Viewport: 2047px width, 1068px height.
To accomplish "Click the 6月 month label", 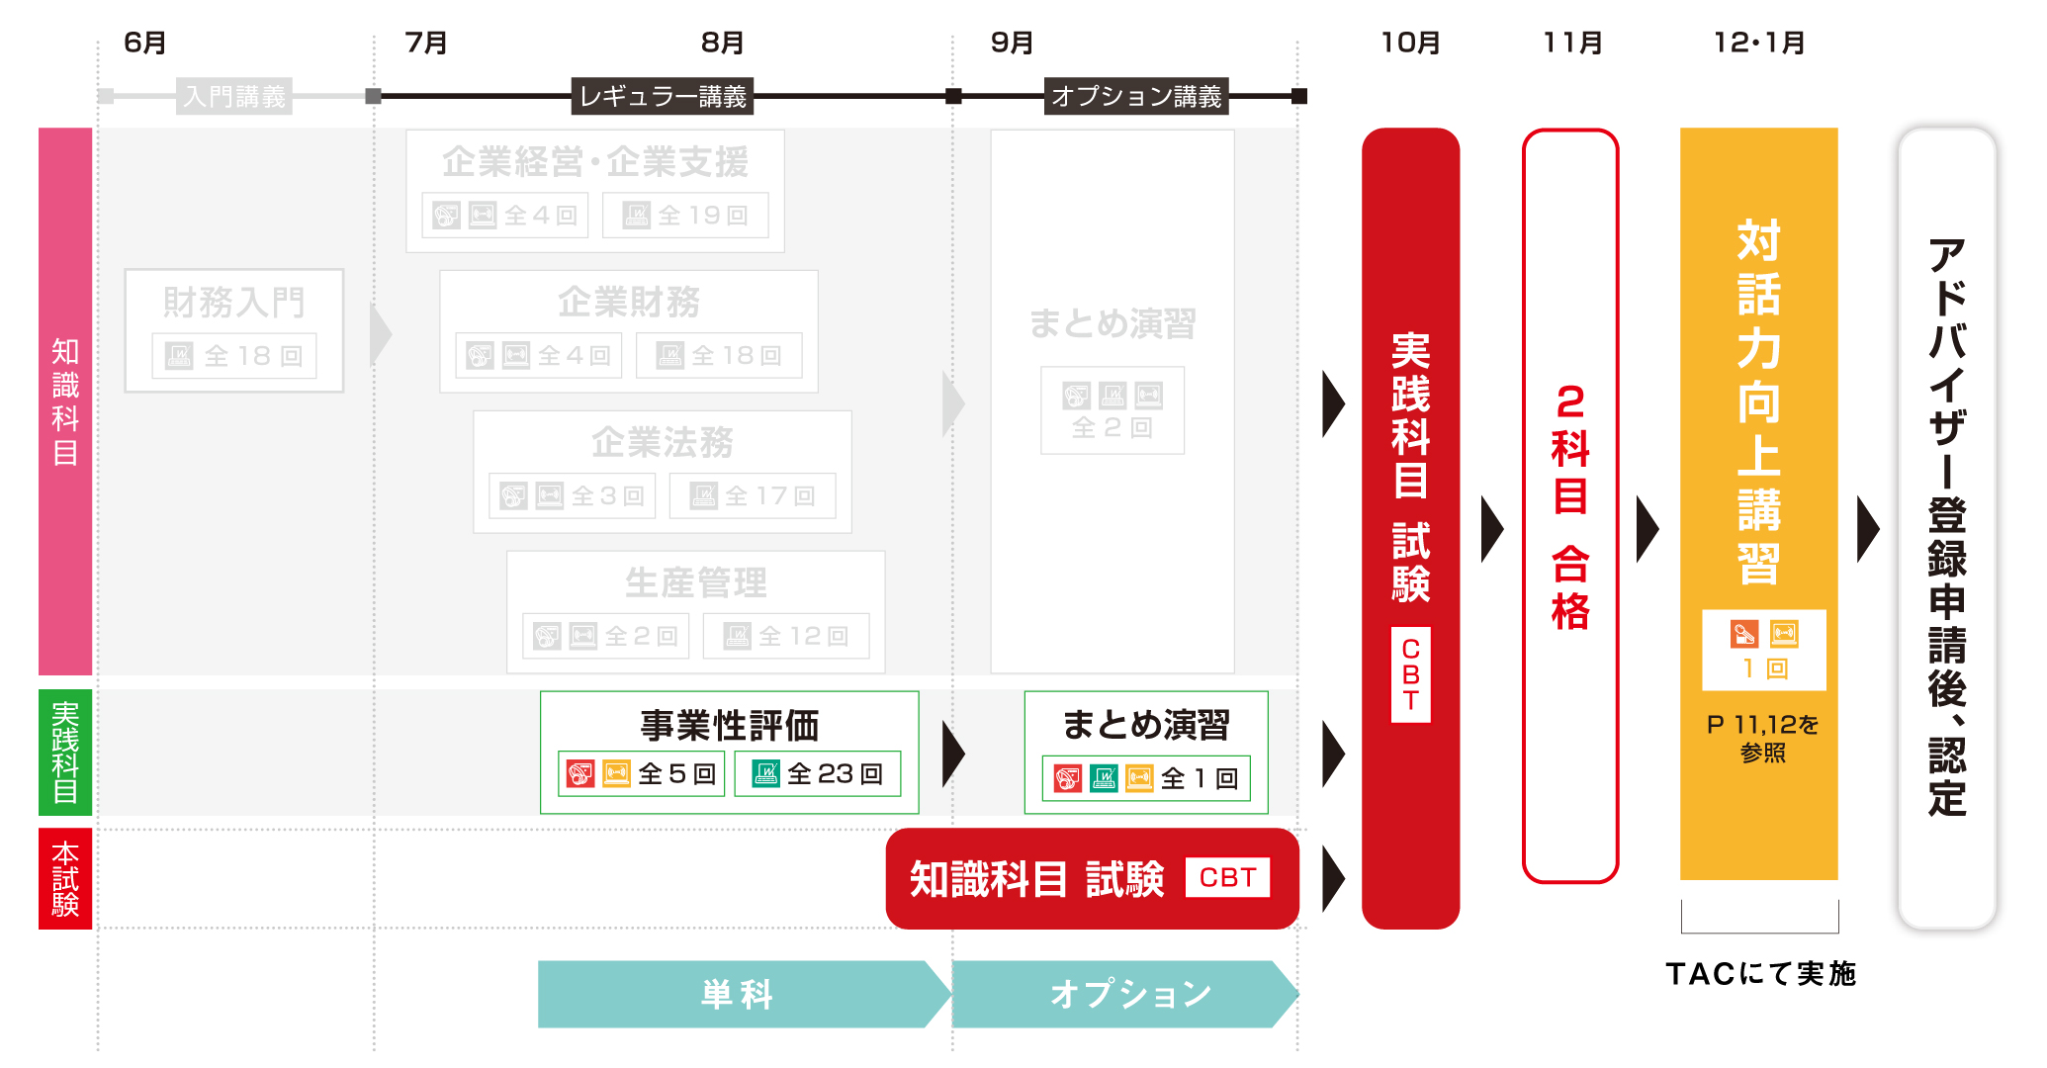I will click(144, 44).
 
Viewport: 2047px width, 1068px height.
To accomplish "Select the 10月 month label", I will click(1410, 44).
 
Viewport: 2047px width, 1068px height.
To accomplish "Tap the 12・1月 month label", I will click(1759, 44).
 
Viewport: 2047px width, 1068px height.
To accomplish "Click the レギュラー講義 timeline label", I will click(663, 97).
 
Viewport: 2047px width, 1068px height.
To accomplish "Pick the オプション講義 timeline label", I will click(1136, 97).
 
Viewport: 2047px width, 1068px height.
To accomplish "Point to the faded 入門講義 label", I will click(234, 97).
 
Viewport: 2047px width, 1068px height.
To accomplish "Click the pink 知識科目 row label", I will click(65, 400).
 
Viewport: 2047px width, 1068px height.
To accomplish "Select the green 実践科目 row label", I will click(65, 753).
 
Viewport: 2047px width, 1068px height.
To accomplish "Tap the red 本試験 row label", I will click(65, 878).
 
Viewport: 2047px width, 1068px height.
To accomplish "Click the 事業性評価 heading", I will click(729, 726).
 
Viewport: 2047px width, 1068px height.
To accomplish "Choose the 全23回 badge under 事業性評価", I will click(818, 773).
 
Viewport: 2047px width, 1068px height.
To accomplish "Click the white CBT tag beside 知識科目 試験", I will click(1227, 877).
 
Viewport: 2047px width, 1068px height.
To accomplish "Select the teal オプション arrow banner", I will click(1129, 994).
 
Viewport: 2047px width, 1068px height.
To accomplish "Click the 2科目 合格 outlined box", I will click(1570, 504).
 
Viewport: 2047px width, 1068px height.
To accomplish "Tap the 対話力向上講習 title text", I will click(1758, 400).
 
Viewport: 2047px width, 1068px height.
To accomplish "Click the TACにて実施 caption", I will click(1760, 974).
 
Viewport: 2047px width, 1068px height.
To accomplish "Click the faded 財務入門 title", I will click(234, 303).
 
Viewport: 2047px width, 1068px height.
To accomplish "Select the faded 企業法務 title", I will click(663, 442).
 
